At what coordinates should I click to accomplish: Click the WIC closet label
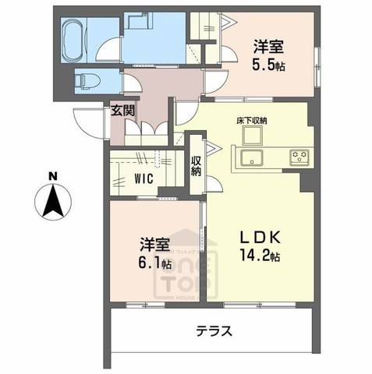(x=142, y=178)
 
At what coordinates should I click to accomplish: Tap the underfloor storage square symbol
(x=253, y=137)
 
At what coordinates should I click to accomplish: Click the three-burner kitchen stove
(x=299, y=156)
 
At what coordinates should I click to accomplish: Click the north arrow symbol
(x=51, y=202)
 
